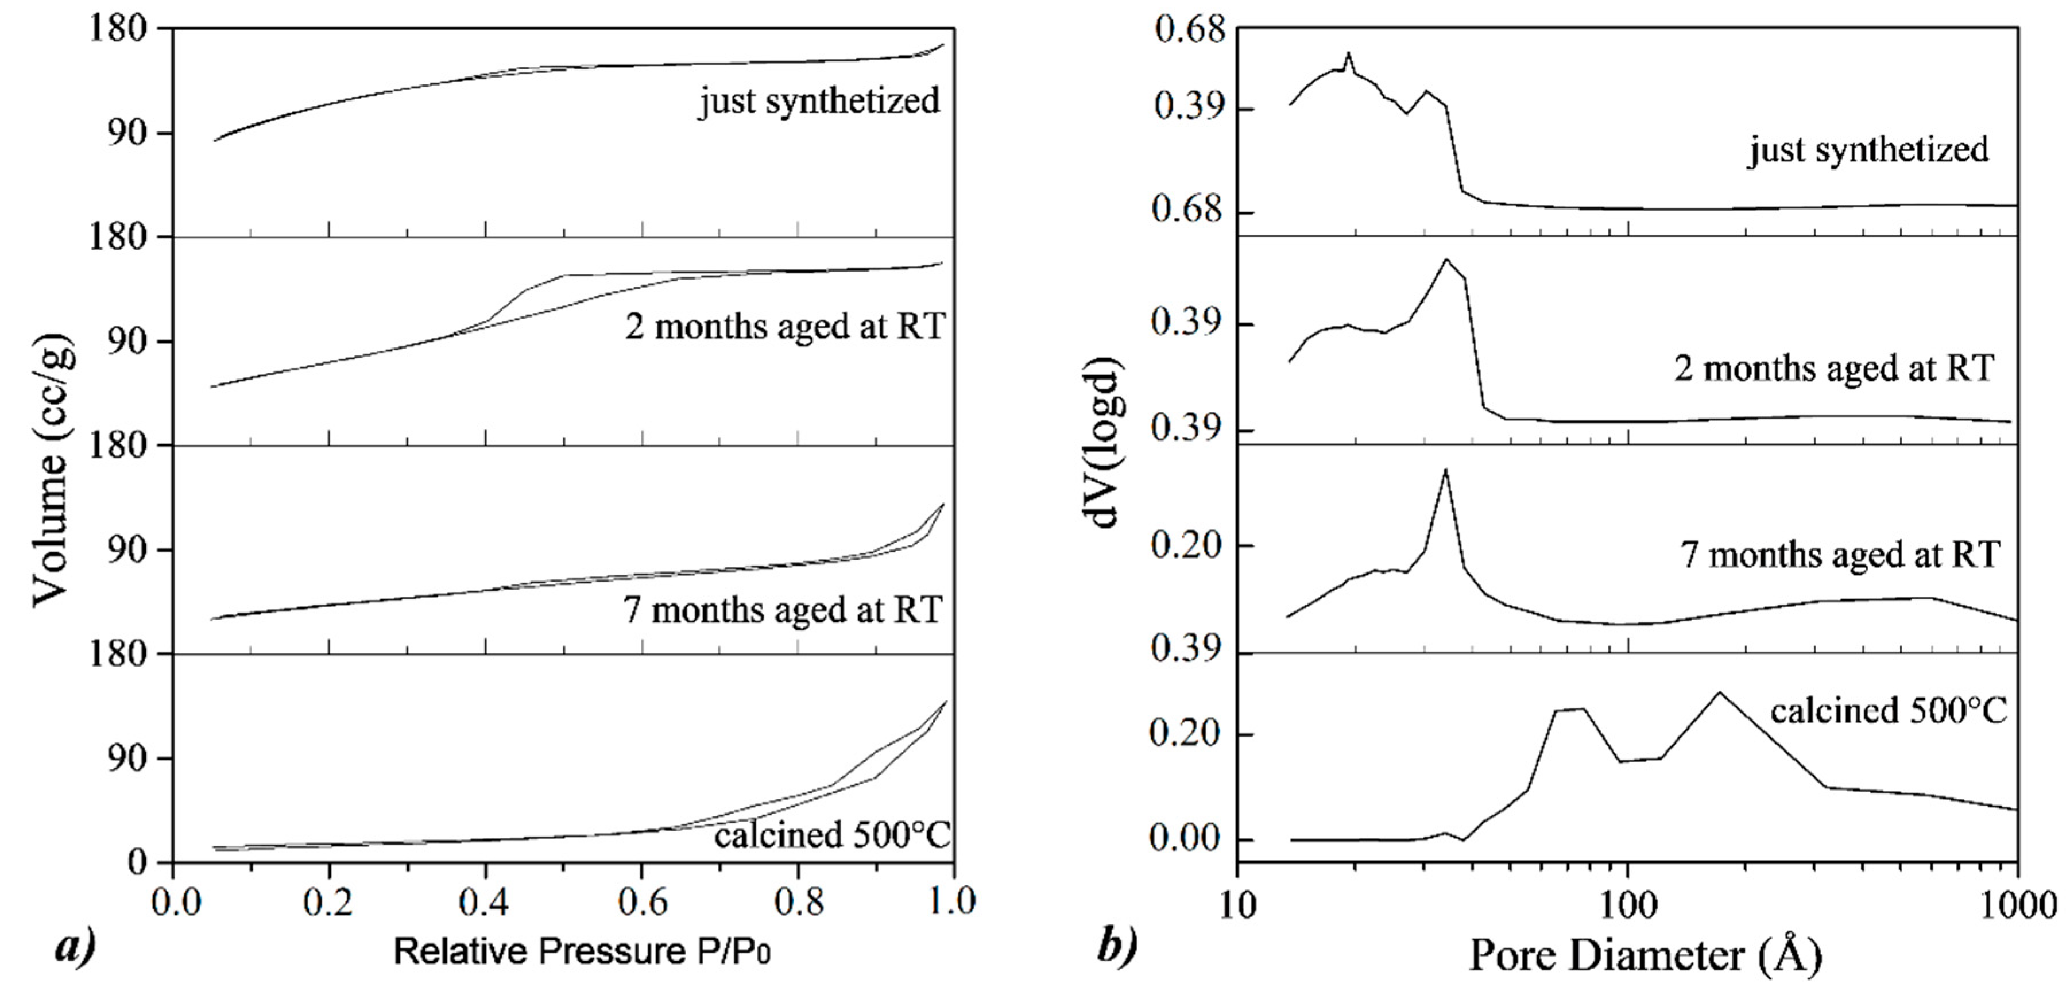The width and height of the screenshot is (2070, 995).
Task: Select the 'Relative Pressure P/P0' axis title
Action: [582, 951]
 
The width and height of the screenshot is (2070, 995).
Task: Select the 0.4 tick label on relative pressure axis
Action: [485, 903]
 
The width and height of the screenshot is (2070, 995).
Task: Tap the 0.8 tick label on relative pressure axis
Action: [798, 903]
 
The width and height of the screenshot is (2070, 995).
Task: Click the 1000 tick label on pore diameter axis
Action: [2017, 906]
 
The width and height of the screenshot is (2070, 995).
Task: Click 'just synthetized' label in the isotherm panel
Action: [819, 101]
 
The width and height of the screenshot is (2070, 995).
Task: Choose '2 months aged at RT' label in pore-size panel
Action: [1835, 369]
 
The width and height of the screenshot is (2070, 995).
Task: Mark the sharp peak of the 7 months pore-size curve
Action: [1446, 470]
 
